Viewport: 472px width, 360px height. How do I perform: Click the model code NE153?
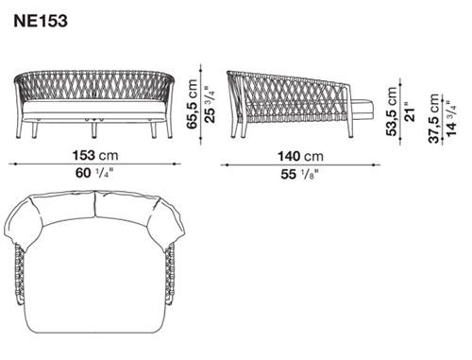(41, 21)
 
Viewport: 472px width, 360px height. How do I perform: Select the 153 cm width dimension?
(95, 155)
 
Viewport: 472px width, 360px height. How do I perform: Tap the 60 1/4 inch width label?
(94, 173)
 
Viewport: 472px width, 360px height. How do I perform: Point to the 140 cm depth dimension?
(300, 156)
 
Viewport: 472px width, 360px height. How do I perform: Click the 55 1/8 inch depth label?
(299, 174)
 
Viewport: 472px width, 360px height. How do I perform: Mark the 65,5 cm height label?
(192, 104)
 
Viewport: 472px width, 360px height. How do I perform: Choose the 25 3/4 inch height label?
(210, 104)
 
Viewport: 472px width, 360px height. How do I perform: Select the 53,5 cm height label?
(392, 111)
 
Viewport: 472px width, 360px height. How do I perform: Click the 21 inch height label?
(410, 111)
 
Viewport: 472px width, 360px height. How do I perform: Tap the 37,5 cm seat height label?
(435, 118)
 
